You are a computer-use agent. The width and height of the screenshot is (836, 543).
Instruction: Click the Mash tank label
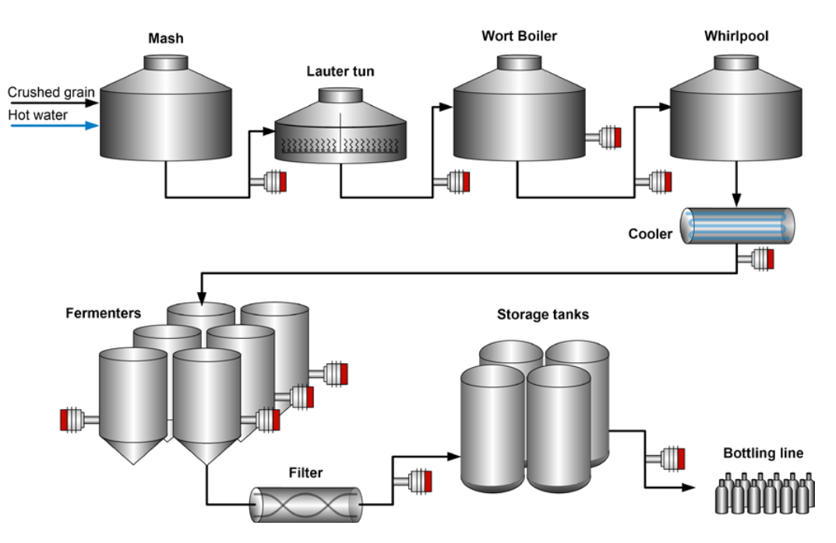(166, 38)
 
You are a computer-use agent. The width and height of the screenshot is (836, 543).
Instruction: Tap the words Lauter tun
(340, 72)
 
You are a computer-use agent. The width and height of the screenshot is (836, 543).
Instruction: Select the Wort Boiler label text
(520, 36)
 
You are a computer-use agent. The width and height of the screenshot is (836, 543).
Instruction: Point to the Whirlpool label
(736, 36)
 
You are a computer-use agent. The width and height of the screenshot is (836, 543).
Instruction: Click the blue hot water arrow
(55, 125)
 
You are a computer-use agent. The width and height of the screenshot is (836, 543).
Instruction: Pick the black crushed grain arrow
(55, 103)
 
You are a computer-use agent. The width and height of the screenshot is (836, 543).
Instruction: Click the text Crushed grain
(51, 92)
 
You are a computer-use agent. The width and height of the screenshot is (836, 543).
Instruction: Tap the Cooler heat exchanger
(737, 226)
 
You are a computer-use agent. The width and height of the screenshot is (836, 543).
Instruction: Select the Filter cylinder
(306, 504)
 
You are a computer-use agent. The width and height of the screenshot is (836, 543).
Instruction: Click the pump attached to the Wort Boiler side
(604, 137)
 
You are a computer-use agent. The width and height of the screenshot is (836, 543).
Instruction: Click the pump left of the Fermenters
(79, 420)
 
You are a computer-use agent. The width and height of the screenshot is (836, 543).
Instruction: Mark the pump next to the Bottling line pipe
(665, 459)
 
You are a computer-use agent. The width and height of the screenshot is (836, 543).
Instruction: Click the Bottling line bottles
(764, 493)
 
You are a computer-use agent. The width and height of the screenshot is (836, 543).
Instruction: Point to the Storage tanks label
(543, 315)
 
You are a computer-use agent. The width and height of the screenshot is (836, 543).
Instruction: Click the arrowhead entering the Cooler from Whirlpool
(736, 201)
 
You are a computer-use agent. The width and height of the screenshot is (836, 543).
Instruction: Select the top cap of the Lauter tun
(340, 95)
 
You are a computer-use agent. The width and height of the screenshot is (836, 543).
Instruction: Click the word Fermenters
(104, 313)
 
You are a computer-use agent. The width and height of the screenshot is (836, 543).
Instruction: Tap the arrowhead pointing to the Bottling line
(689, 487)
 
